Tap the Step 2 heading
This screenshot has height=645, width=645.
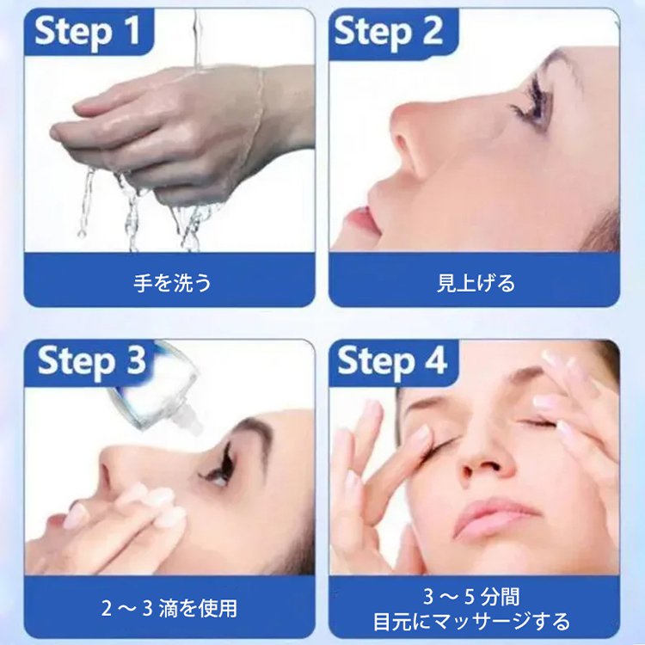(x=388, y=32)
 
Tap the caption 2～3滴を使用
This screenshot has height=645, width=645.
(x=169, y=609)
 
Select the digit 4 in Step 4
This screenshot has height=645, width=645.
(x=435, y=362)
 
